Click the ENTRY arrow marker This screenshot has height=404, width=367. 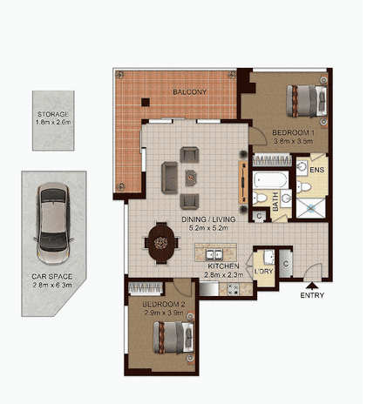tap(312, 286)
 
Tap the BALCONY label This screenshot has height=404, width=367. tap(190, 92)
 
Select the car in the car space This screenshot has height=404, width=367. tap(53, 224)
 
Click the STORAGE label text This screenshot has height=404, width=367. tap(53, 114)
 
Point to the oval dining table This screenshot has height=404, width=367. tap(161, 243)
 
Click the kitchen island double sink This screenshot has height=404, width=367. tap(214, 254)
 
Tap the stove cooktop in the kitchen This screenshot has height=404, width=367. tap(233, 289)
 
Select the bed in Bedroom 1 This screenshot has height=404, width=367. tap(307, 101)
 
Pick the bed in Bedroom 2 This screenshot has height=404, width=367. tap(173, 337)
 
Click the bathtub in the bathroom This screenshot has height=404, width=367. tap(270, 179)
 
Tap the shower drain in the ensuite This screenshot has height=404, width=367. tap(311, 207)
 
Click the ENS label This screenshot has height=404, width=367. tap(316, 170)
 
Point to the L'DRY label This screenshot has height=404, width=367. tap(263, 272)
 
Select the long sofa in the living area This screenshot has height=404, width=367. tap(169, 178)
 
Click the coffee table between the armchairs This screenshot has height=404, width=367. tap(191, 178)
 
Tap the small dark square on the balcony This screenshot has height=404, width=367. tap(146, 102)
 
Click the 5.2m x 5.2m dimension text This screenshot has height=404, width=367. tap(208, 228)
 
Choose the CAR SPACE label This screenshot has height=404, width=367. tap(52, 277)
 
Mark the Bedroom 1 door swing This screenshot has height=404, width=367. tap(258, 136)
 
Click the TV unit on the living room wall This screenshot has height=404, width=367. tap(243, 182)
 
